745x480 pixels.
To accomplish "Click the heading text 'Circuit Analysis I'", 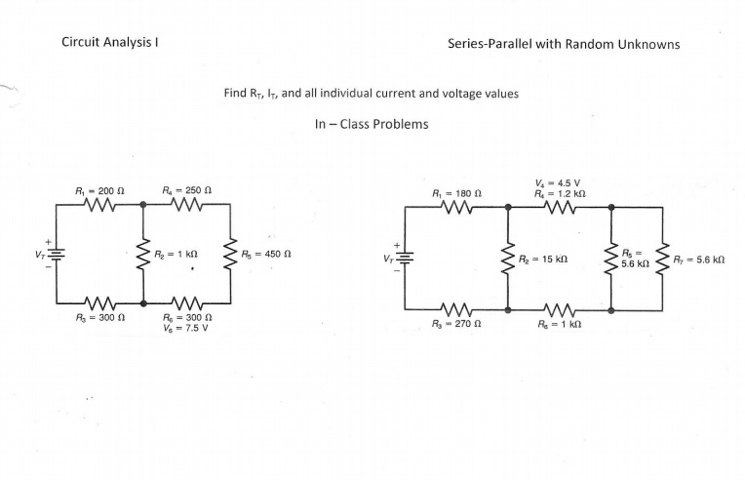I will coord(110,43).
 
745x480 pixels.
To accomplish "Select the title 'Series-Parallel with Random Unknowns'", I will coord(564,44).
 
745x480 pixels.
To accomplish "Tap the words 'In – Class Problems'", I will coord(371,125).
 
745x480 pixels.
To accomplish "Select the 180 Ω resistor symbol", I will coord(456,207).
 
